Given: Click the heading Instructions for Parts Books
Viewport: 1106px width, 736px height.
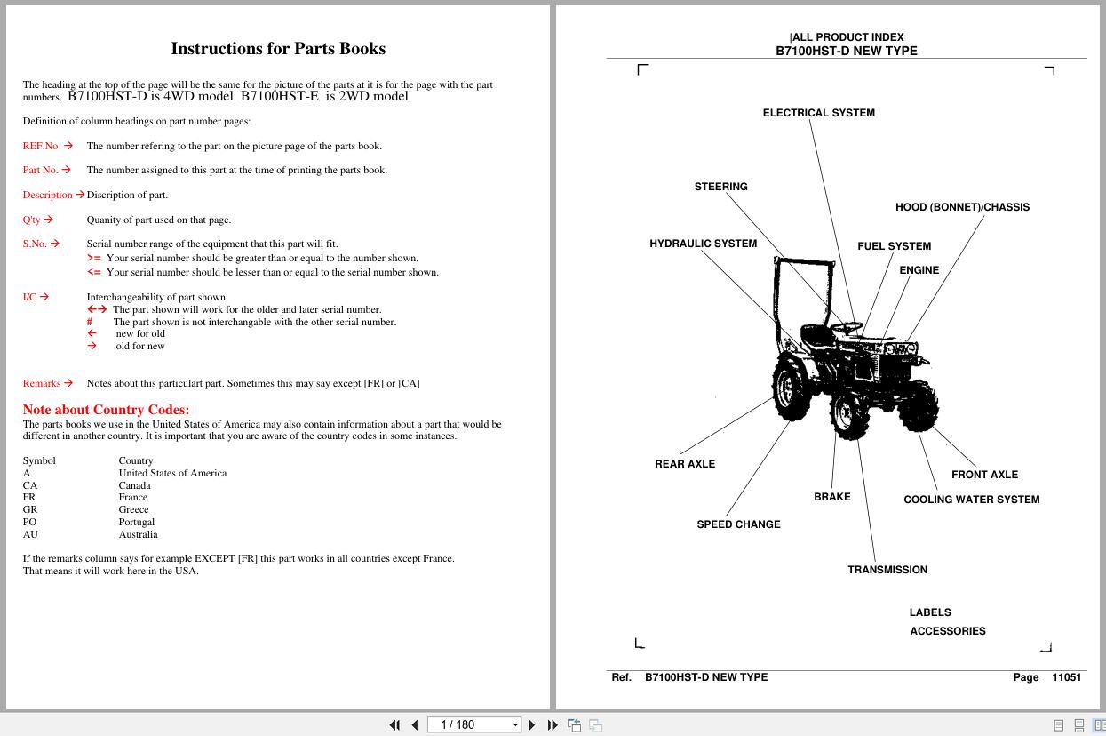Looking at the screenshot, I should click(277, 49).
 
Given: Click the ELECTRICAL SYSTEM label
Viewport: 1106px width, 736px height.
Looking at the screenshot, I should click(818, 113).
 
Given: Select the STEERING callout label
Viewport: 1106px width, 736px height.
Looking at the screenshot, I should click(720, 187).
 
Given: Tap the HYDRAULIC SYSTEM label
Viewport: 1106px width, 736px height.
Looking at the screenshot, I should click(703, 244).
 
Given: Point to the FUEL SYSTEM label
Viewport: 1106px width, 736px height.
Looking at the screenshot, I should click(894, 246).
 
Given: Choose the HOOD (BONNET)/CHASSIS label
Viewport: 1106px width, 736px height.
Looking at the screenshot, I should click(962, 207).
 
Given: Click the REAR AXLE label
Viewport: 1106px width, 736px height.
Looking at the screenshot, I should click(684, 464).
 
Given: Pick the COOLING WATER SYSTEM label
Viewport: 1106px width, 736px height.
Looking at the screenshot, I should click(971, 500).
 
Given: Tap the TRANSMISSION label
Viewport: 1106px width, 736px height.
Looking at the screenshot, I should click(887, 570).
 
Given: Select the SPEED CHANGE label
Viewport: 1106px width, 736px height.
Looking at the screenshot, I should click(738, 524).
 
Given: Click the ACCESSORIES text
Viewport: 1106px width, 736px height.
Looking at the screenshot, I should click(947, 631).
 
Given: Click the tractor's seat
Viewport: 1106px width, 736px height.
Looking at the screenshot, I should click(816, 335).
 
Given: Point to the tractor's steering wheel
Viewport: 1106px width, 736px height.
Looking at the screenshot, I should click(847, 326).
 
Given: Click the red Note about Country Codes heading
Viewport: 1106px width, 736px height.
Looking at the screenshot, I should click(106, 410).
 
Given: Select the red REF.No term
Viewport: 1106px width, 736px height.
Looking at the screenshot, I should click(40, 146).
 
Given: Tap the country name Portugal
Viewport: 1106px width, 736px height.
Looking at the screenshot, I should click(137, 523).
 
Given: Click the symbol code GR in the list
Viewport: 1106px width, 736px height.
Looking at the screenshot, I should click(29, 510).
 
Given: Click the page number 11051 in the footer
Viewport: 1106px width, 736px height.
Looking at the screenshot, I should click(1066, 677).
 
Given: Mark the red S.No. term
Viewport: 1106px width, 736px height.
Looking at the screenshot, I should click(35, 244).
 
